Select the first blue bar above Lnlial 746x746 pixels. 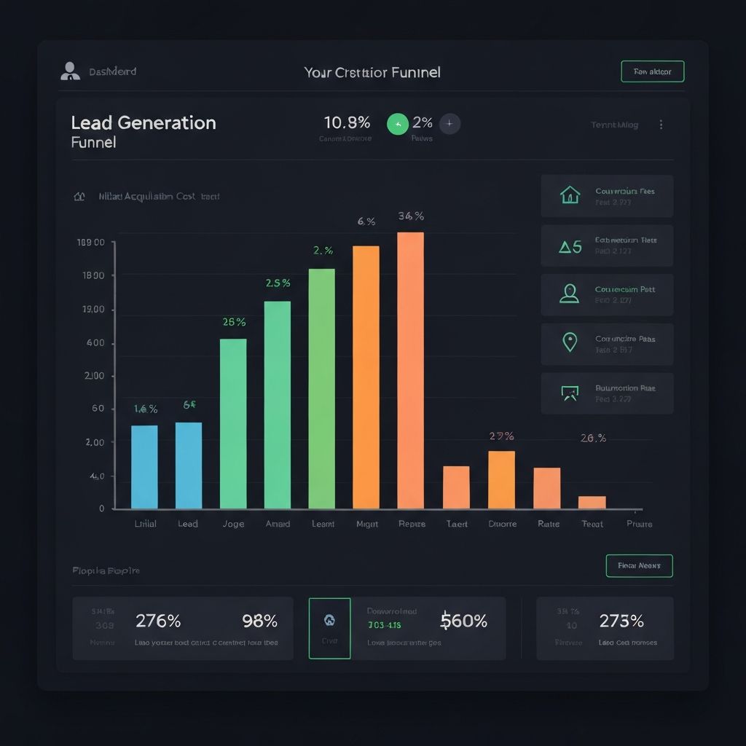pos(144,467)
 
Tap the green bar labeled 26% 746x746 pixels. pos(233,423)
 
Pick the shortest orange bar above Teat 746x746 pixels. pos(592,502)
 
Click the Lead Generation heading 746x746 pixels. pos(144,122)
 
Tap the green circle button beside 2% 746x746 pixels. pos(397,125)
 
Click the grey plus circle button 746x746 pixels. pos(449,125)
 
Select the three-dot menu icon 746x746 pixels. pos(661,125)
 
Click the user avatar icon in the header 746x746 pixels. pos(70,71)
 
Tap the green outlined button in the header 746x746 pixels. pos(652,71)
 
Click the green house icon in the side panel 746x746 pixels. pos(570,195)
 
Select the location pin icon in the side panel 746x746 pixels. pos(570,342)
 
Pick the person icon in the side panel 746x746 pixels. pos(570,294)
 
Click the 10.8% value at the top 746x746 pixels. pos(346,122)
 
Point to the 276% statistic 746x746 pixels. pos(158,621)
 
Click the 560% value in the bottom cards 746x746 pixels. pos(464,621)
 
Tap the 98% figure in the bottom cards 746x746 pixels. pos(259,621)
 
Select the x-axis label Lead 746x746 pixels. pos(188,524)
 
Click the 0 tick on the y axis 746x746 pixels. pos(102,509)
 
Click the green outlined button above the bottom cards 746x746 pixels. pos(639,565)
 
